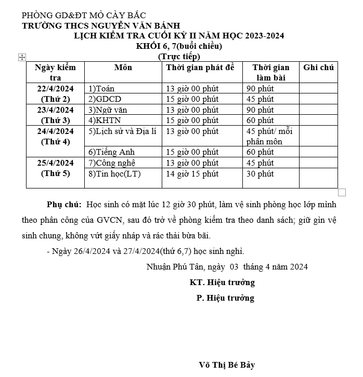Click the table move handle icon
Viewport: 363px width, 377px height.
[22, 57]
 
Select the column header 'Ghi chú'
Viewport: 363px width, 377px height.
[318, 68]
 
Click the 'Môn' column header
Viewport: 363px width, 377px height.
[123, 68]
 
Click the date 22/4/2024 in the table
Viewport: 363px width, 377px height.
[56, 88]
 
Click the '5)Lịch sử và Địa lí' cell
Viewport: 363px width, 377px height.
[122, 131]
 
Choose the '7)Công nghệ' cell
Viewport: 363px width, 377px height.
[112, 163]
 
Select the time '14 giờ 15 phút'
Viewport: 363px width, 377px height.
[192, 173]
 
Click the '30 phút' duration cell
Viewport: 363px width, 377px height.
[260, 173]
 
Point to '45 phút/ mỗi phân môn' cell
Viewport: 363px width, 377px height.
[269, 136]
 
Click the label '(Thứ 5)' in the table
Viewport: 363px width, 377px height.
[56, 173]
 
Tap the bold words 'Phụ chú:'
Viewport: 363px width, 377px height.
[64, 205]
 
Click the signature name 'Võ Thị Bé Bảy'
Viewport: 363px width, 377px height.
[227, 365]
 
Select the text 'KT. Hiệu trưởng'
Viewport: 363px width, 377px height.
[222, 282]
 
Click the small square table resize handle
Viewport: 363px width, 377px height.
[342, 192]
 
